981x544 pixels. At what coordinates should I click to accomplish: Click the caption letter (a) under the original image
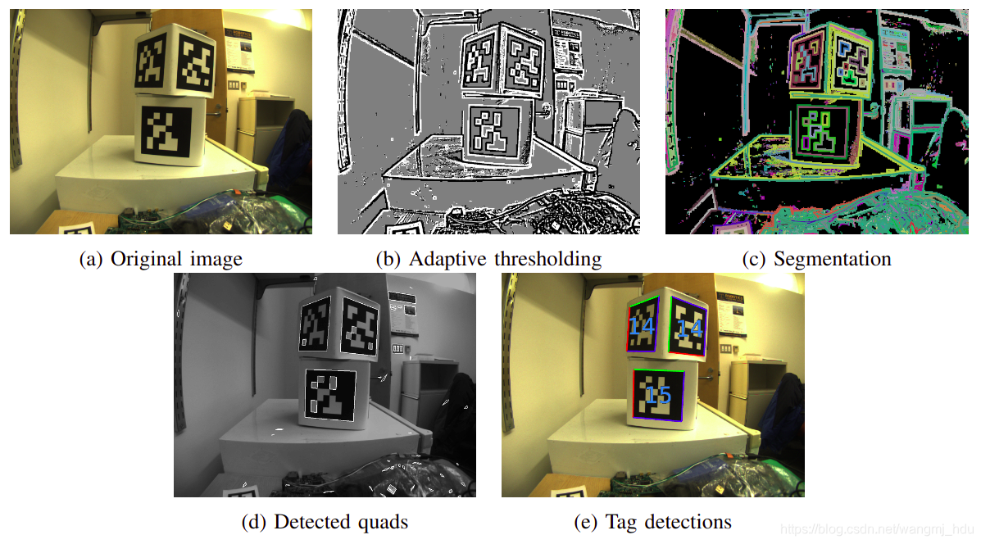[89, 260]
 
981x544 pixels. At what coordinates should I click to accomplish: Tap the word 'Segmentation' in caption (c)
[832, 260]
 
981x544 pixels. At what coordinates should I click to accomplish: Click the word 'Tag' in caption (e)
[620, 522]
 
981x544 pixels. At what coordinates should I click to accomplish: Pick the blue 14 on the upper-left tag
[643, 326]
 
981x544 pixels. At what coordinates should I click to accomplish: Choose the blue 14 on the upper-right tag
[688, 329]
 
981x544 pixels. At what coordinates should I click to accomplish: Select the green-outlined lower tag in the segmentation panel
[823, 131]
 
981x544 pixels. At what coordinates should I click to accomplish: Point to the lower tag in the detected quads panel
[331, 395]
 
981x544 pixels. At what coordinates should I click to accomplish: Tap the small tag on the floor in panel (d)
[243, 490]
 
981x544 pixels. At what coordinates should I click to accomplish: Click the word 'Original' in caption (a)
[143, 260]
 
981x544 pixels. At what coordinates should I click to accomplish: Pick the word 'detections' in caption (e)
[690, 522]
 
